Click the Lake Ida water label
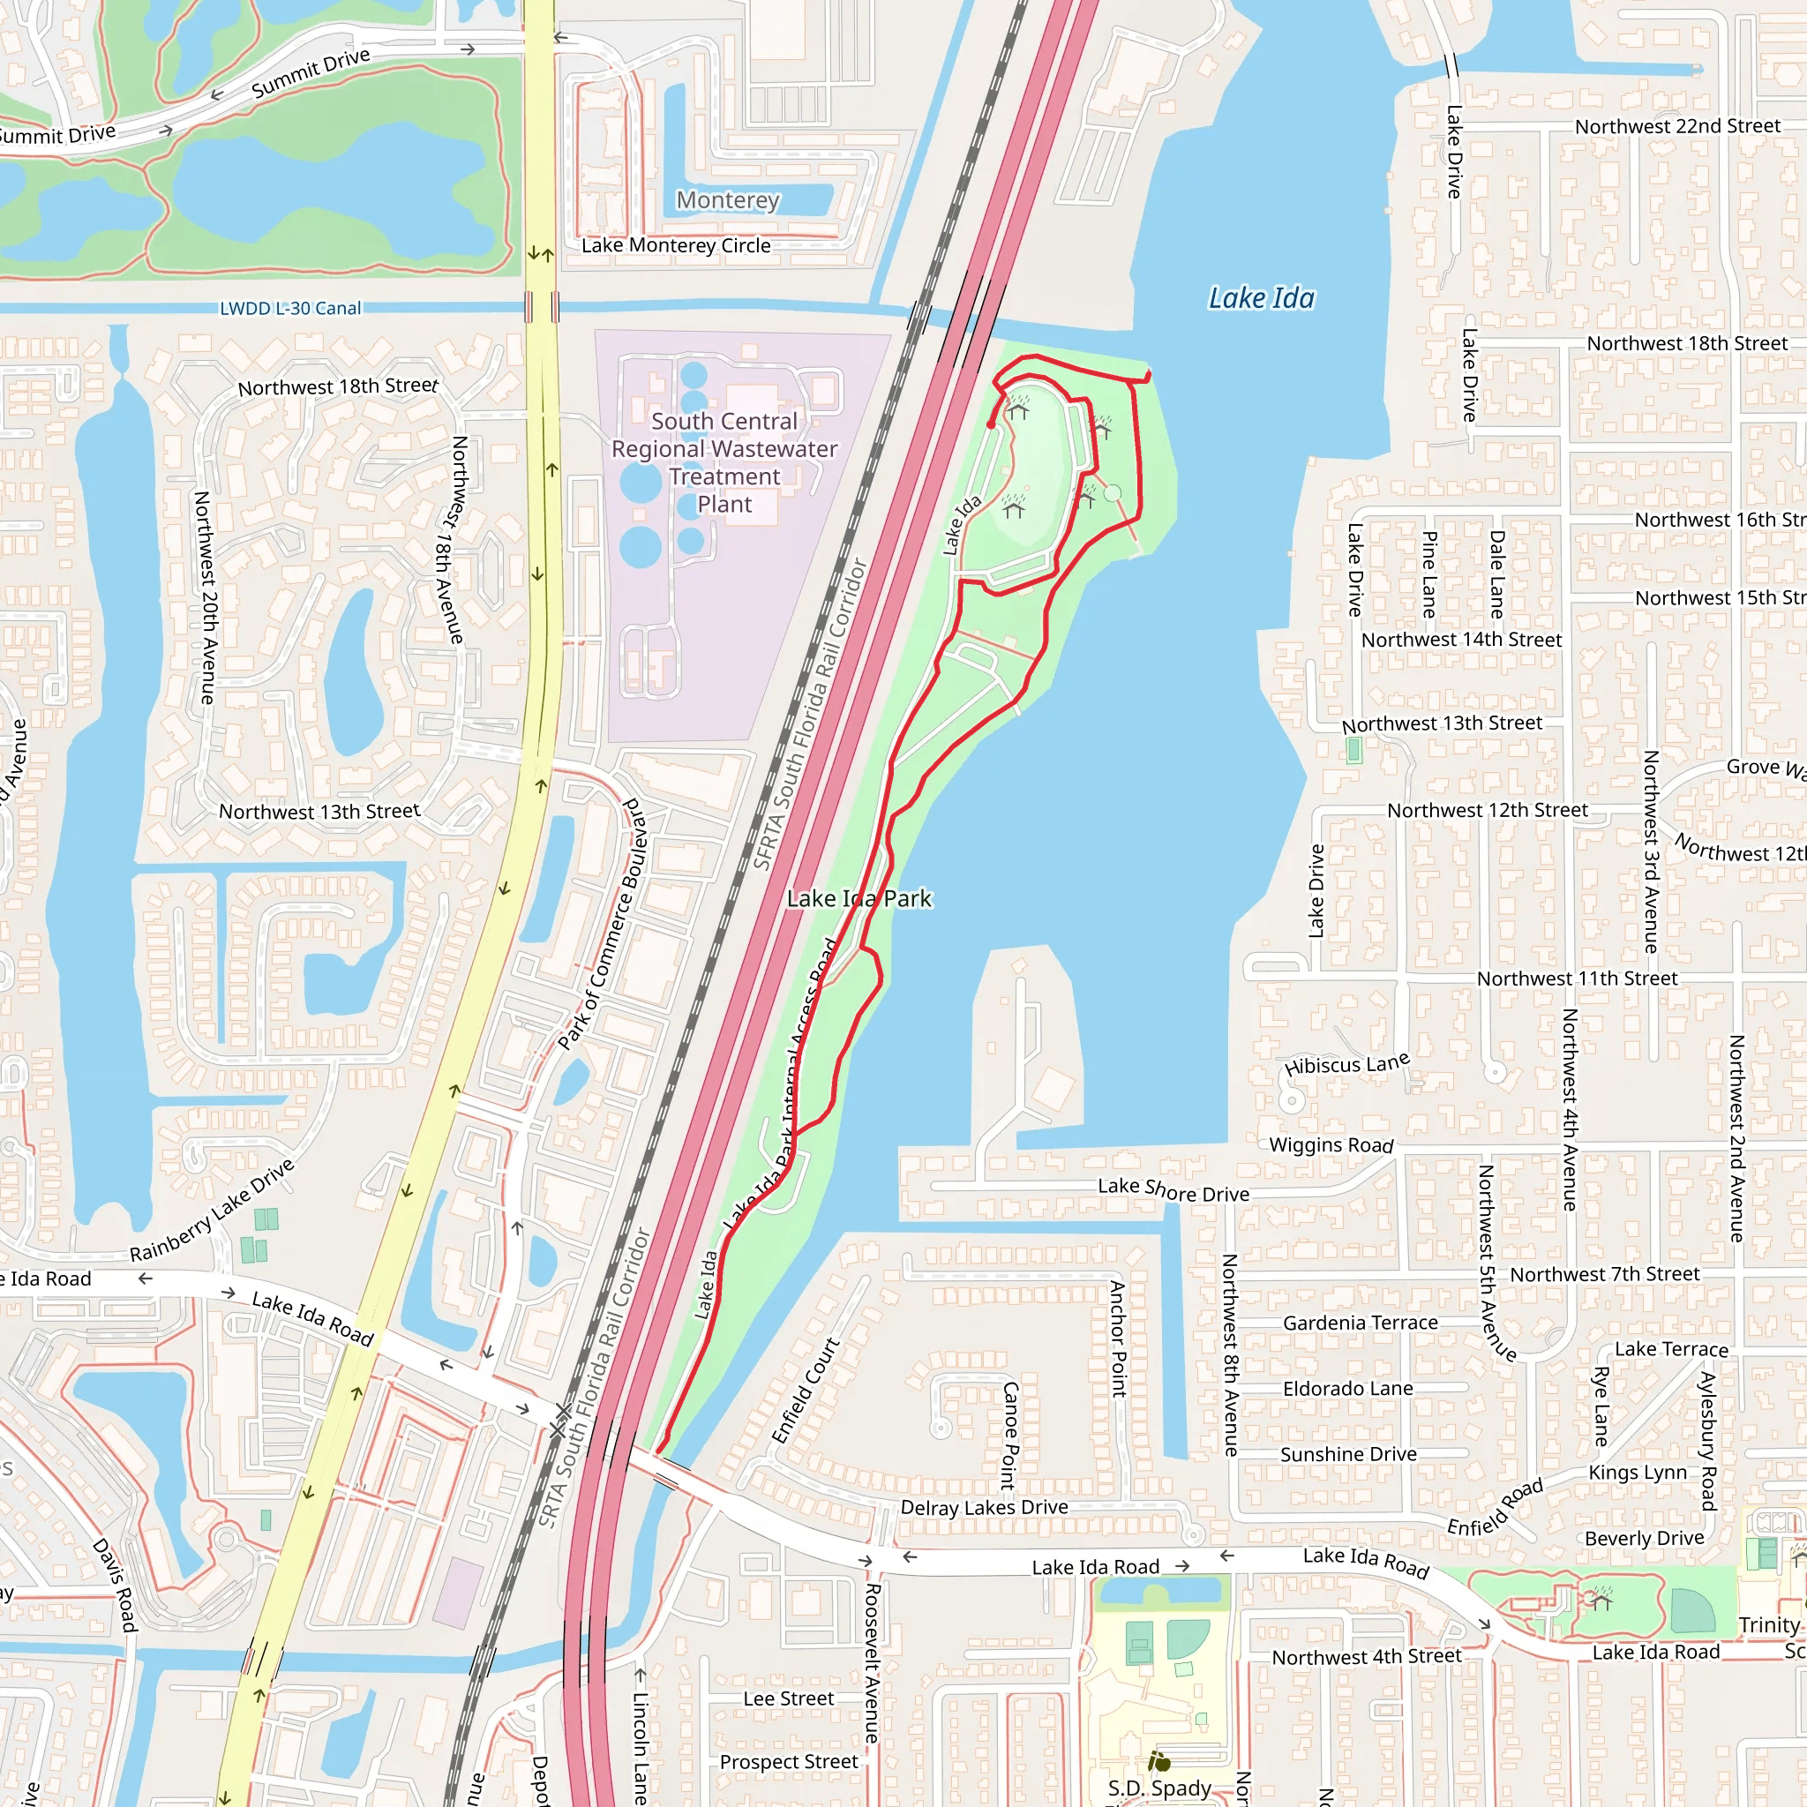pos(1261,298)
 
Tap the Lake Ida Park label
pos(859,899)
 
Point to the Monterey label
pos(728,200)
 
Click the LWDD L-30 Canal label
pos(290,309)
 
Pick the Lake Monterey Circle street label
pos(676,246)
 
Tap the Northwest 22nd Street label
pos(1677,126)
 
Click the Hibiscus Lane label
pos(1346,1064)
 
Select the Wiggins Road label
pos(1331,1144)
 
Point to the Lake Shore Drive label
pos(1173,1189)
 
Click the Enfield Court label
pos(806,1391)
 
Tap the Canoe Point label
pos(1009,1436)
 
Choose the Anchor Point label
pos(1117,1338)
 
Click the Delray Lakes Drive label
pos(984,1507)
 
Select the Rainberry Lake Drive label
pos(213,1211)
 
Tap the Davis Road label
pos(116,1586)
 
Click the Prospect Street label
pos(789,1762)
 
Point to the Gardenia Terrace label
pos(1360,1323)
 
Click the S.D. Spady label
pos(1158,1788)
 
